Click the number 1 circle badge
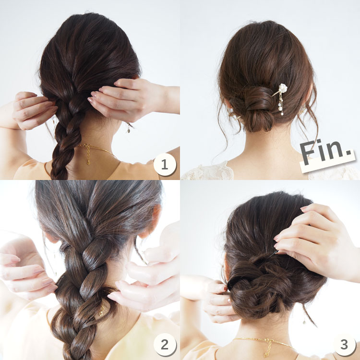(x=165, y=164)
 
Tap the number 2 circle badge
(x=165, y=344)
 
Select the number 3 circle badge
(x=344, y=344)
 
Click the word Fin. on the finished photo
(x=325, y=152)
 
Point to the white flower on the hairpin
(x=283, y=88)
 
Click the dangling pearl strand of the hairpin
(x=281, y=105)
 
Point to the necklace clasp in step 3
(x=267, y=340)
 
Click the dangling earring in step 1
(x=129, y=128)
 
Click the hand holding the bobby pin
(x=317, y=241)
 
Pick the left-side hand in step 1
(x=32, y=110)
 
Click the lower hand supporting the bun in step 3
(x=218, y=301)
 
